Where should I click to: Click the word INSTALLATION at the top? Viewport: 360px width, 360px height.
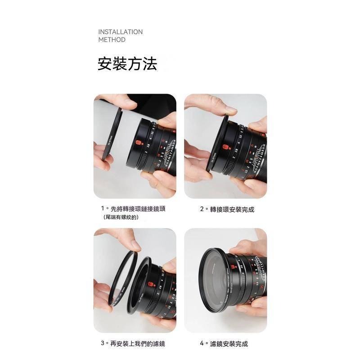120,32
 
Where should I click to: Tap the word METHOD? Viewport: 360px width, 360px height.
112,40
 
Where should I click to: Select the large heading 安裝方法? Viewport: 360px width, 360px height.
127,64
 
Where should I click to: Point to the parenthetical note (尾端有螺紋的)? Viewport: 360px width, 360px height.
121,217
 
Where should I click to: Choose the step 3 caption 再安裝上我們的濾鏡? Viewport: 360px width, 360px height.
138,344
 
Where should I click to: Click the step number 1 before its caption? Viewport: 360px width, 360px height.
103,209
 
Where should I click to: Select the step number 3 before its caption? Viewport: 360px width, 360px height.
103,344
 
